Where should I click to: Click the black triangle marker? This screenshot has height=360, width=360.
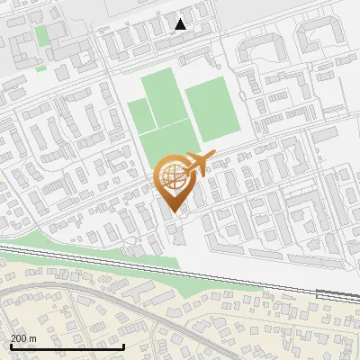(181, 24)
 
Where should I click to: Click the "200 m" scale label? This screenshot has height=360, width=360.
(23, 337)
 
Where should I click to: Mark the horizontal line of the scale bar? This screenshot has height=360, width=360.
(67, 346)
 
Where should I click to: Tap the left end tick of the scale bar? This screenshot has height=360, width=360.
(11, 344)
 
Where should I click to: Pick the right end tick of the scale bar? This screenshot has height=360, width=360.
(123, 344)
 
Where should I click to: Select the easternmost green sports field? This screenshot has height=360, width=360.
(208, 108)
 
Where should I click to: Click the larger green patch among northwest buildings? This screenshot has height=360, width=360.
(41, 36)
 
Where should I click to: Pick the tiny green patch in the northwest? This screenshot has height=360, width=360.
(40, 67)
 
